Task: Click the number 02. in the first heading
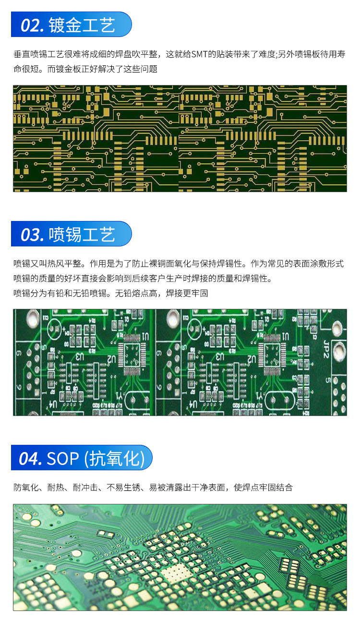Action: (x=32, y=25)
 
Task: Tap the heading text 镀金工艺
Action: (x=82, y=25)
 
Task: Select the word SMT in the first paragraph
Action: (x=199, y=54)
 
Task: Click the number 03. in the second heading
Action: (x=32, y=235)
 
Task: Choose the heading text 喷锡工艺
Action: (x=82, y=234)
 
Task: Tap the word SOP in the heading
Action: (x=63, y=459)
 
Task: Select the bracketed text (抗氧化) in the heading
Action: (x=115, y=459)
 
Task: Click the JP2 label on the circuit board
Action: (x=326, y=349)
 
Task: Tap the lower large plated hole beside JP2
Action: (x=339, y=351)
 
